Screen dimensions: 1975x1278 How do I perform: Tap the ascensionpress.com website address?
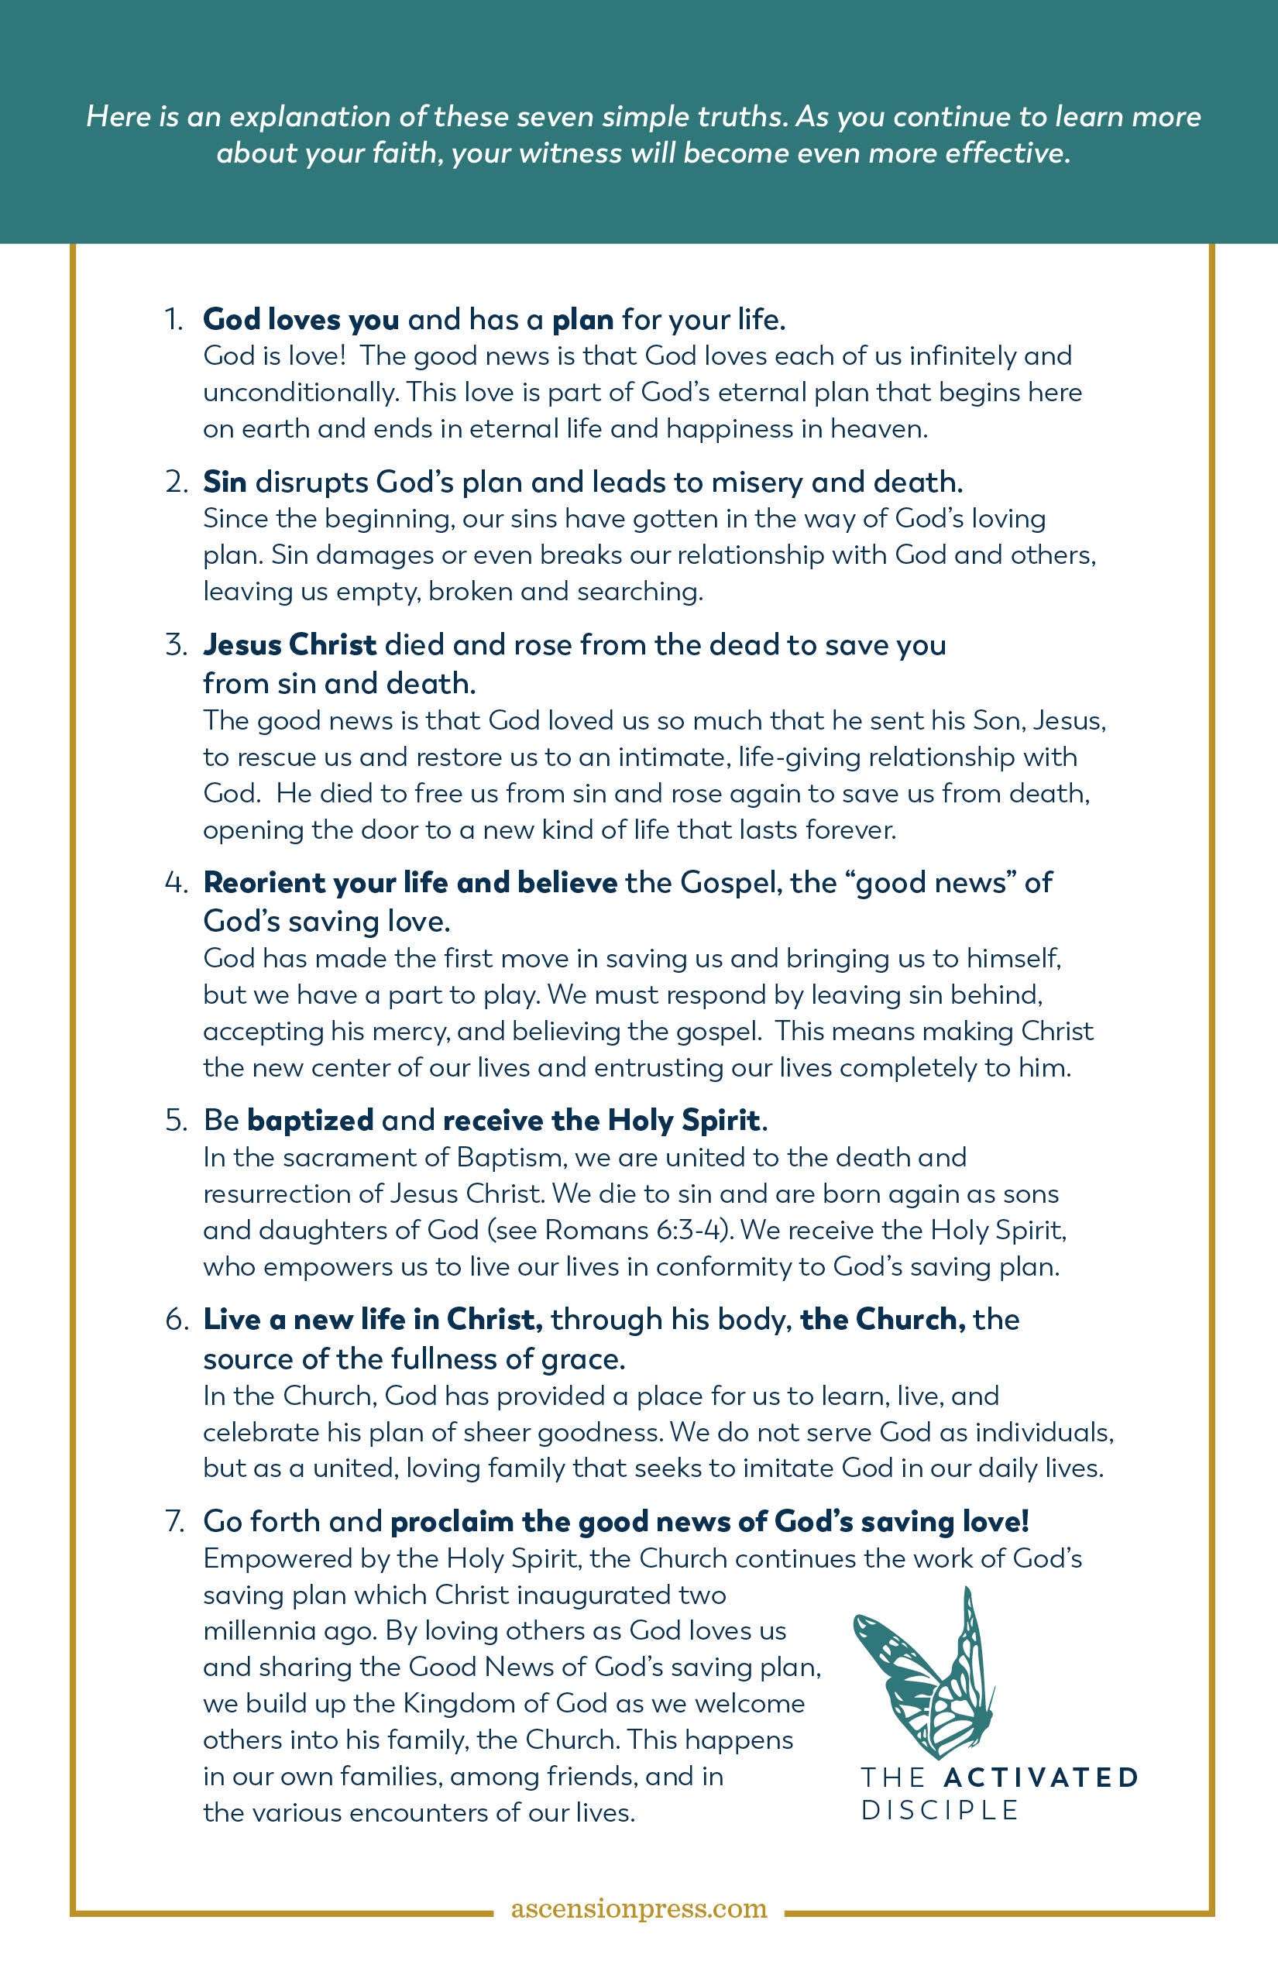coord(638,1908)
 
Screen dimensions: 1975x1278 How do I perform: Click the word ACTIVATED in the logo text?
coord(1041,1777)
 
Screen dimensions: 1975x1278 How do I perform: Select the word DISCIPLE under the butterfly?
coord(940,1811)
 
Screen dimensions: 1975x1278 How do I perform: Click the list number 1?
coord(173,319)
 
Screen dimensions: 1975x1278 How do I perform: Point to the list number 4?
coord(176,883)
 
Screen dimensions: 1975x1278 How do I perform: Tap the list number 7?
coord(174,1521)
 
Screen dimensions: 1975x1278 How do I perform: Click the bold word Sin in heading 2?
coord(224,482)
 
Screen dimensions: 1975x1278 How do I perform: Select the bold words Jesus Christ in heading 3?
coord(290,644)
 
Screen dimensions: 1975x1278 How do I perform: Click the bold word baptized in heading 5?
coord(311,1120)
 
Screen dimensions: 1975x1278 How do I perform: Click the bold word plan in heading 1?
coord(582,319)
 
